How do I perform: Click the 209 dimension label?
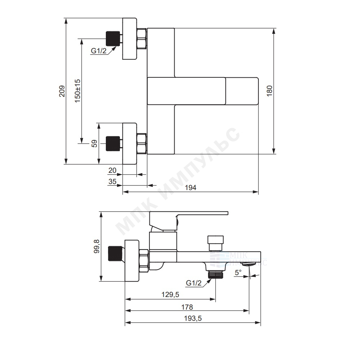click(62, 91)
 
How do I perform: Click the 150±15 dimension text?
click(78, 91)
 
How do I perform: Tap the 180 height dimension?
click(270, 91)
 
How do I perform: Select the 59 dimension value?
click(94, 144)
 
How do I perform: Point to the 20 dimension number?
click(112, 170)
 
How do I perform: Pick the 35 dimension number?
click(112, 181)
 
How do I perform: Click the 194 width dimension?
click(190, 188)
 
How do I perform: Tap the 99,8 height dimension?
click(96, 246)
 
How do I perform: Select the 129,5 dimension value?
click(170, 294)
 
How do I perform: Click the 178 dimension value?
click(187, 307)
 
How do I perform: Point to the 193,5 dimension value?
click(193, 319)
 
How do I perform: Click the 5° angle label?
click(238, 273)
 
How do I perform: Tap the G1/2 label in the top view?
click(99, 51)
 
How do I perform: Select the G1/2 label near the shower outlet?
click(194, 283)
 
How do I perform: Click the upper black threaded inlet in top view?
click(113, 39)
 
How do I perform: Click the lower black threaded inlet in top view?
click(113, 144)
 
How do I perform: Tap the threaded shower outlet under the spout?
click(216, 275)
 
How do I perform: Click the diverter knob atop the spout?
click(215, 243)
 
